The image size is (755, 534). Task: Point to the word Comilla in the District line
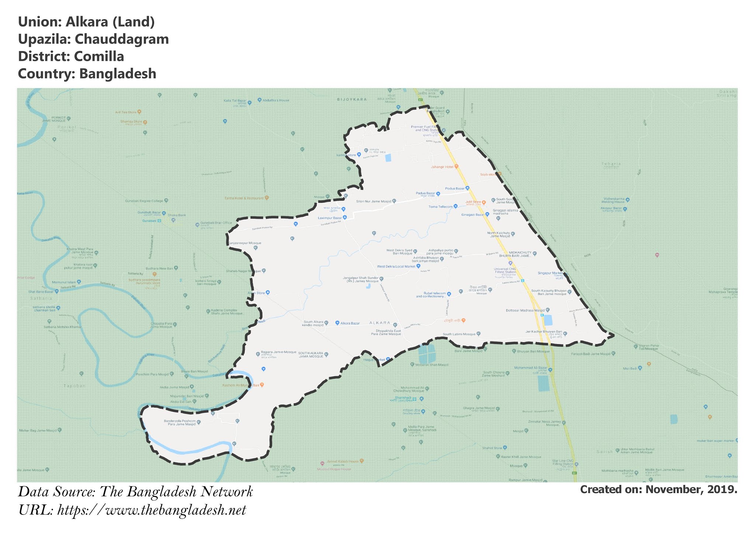coord(99,56)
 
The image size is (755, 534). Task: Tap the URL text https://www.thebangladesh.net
coord(152,510)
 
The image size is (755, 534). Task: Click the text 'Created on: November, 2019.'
coord(658,489)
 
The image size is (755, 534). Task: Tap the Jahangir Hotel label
coord(442,167)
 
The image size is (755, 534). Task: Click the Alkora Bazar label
coord(350,323)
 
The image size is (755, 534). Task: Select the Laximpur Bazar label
coord(330,218)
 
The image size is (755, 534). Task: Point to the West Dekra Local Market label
coord(396,266)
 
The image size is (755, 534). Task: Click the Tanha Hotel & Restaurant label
coord(244,198)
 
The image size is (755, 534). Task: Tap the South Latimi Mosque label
coord(459,334)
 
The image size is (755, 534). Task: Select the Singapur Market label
coord(550,273)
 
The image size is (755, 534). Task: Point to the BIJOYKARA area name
coord(352,100)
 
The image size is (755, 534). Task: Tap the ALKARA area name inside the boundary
coord(380,323)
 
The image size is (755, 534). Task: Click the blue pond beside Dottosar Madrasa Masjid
coord(548,320)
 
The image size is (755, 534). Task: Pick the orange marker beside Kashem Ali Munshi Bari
coord(262,385)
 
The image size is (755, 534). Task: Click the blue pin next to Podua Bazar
coord(467,188)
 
